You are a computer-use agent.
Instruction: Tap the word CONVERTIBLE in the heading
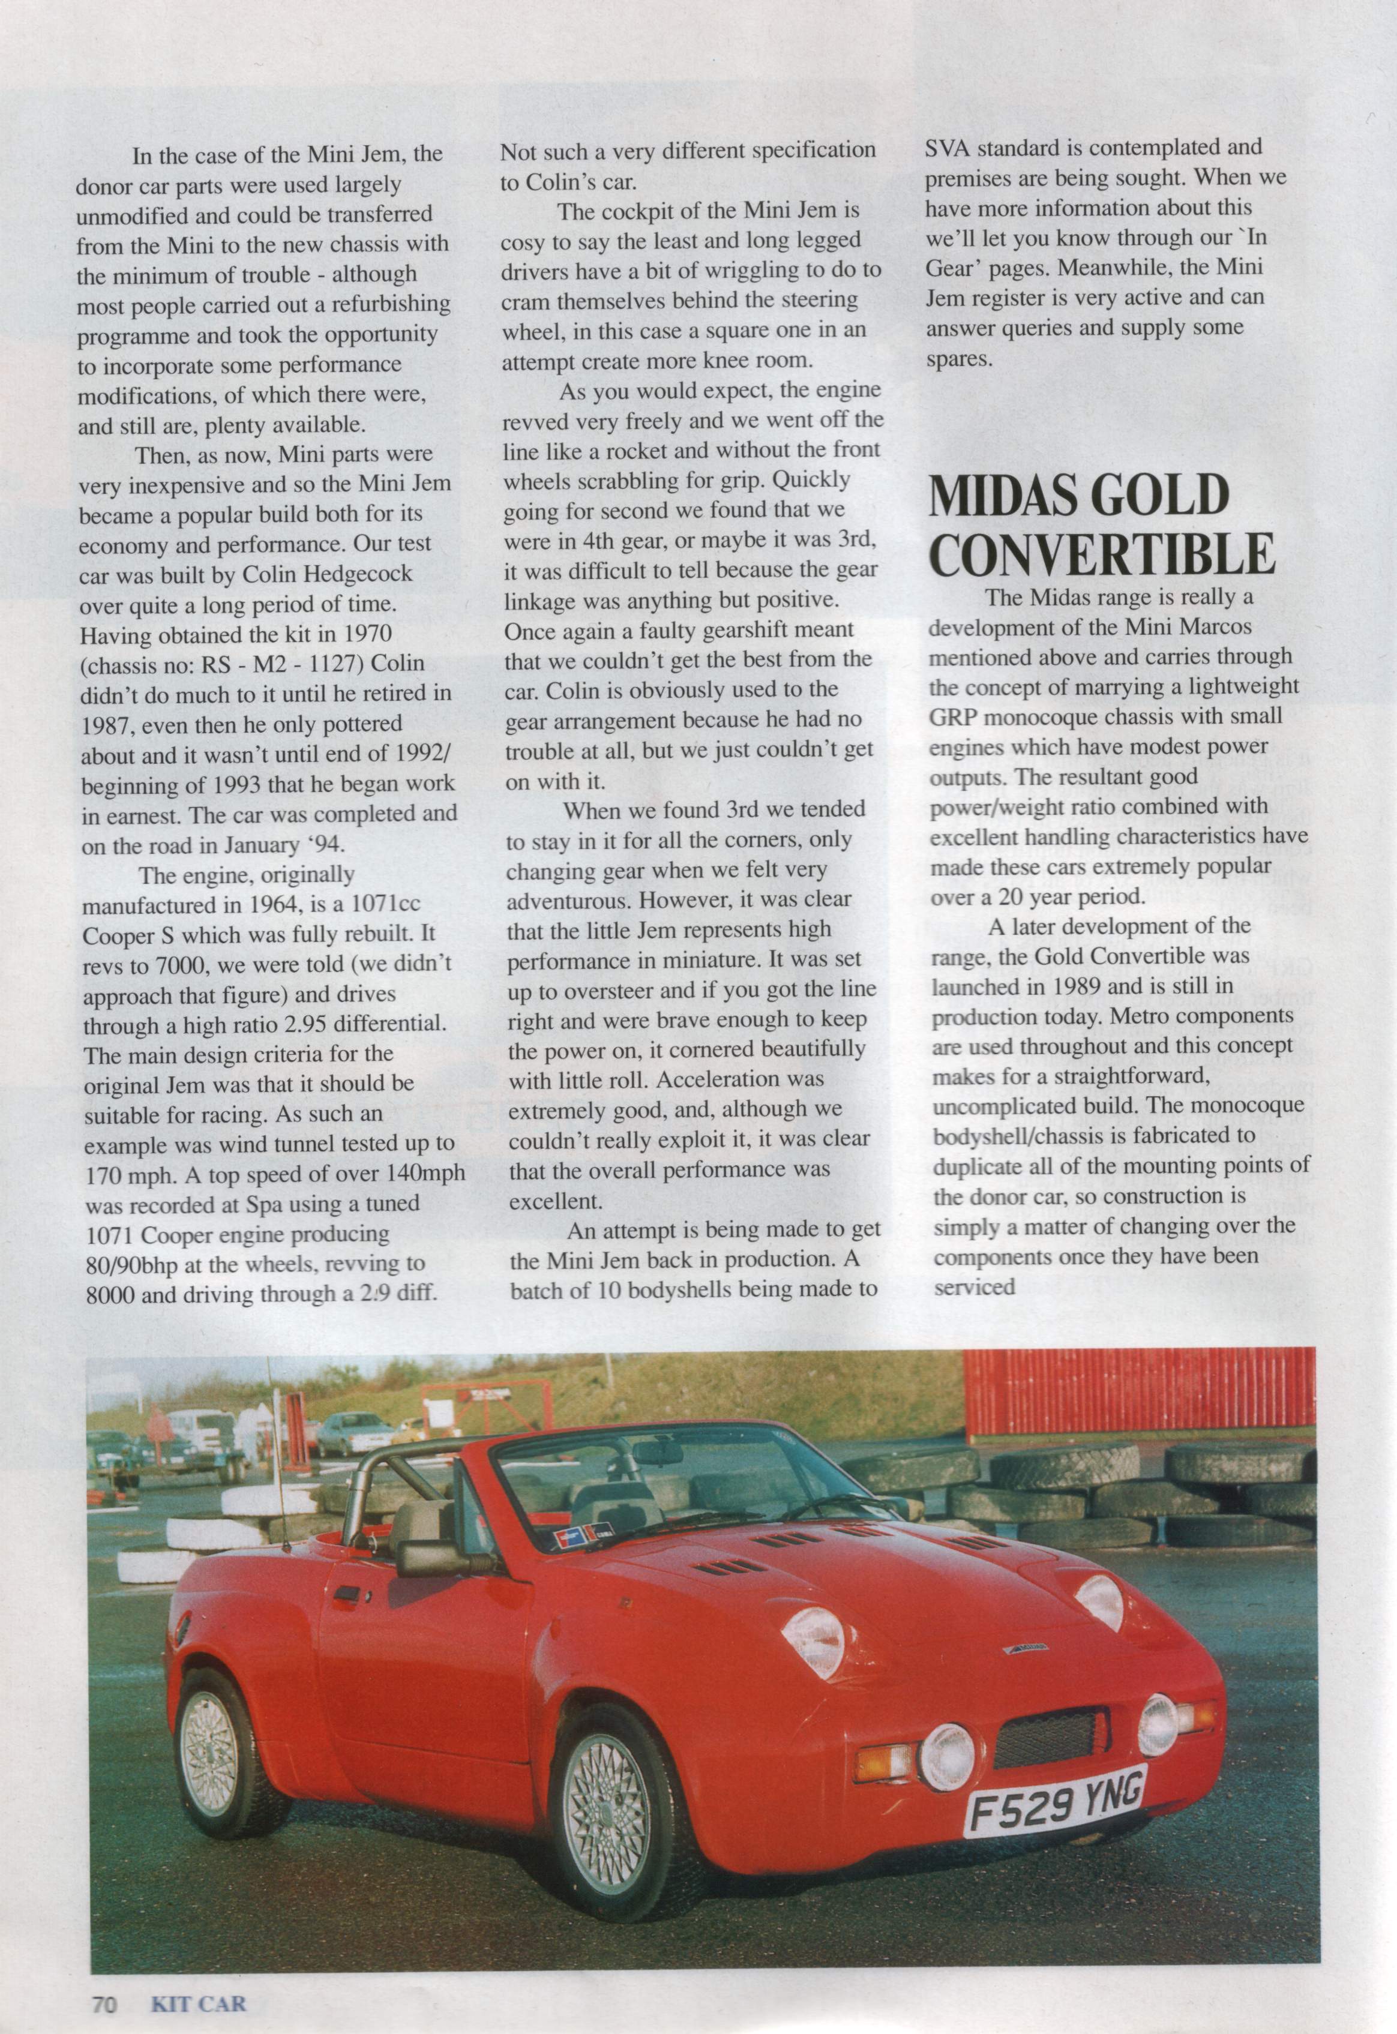pos(1101,553)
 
